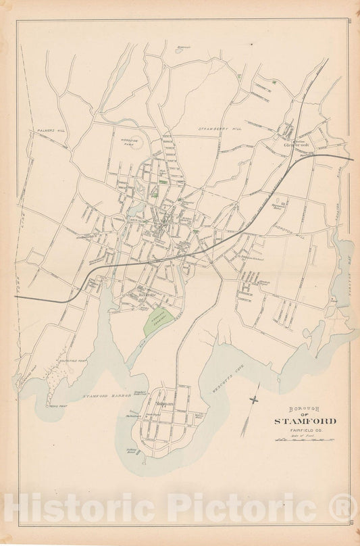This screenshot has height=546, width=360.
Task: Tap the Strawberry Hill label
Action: [219, 128]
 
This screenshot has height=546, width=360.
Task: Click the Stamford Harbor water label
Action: [105, 395]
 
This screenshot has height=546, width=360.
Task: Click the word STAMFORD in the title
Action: [305, 422]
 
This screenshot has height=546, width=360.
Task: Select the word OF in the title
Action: [306, 415]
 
